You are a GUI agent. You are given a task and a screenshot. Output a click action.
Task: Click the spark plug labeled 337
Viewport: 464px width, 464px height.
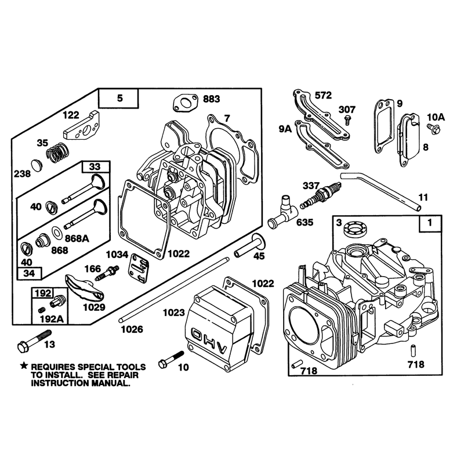(x=321, y=195)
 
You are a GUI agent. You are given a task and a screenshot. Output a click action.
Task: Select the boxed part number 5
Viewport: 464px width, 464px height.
(x=120, y=98)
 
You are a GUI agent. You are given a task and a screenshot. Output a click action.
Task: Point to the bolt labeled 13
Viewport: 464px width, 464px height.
(x=34, y=341)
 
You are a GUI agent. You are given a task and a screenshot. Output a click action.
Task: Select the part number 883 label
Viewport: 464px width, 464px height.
(x=212, y=99)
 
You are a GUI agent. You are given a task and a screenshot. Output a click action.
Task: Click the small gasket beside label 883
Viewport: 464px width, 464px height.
(x=185, y=103)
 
